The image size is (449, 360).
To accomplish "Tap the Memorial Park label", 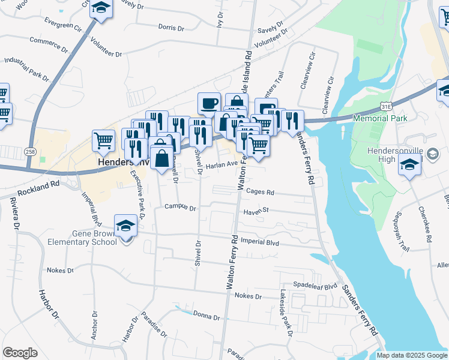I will (x=381, y=118).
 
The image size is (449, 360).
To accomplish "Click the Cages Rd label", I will (x=260, y=193).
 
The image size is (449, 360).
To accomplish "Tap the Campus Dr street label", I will (x=181, y=208).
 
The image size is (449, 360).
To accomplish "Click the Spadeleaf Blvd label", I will (x=315, y=286).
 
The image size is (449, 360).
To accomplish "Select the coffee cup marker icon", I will (x=209, y=103).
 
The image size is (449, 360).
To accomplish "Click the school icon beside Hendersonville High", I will (x=409, y=163).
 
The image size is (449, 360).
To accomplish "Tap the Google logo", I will (x=20, y=353).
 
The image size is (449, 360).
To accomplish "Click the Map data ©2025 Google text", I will (x=411, y=355).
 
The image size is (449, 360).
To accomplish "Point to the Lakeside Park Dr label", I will (x=286, y=313).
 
